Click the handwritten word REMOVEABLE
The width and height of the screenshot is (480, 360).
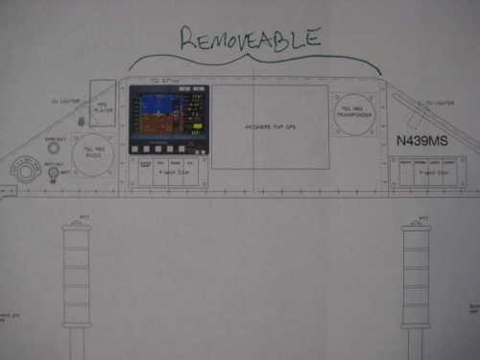[252, 38]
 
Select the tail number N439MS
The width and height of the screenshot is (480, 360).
[422, 140]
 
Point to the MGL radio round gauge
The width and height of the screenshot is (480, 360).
[94, 155]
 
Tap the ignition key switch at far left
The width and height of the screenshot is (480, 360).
[23, 171]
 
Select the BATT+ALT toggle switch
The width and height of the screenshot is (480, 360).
[54, 174]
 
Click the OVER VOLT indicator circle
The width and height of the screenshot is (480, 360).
[54, 147]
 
